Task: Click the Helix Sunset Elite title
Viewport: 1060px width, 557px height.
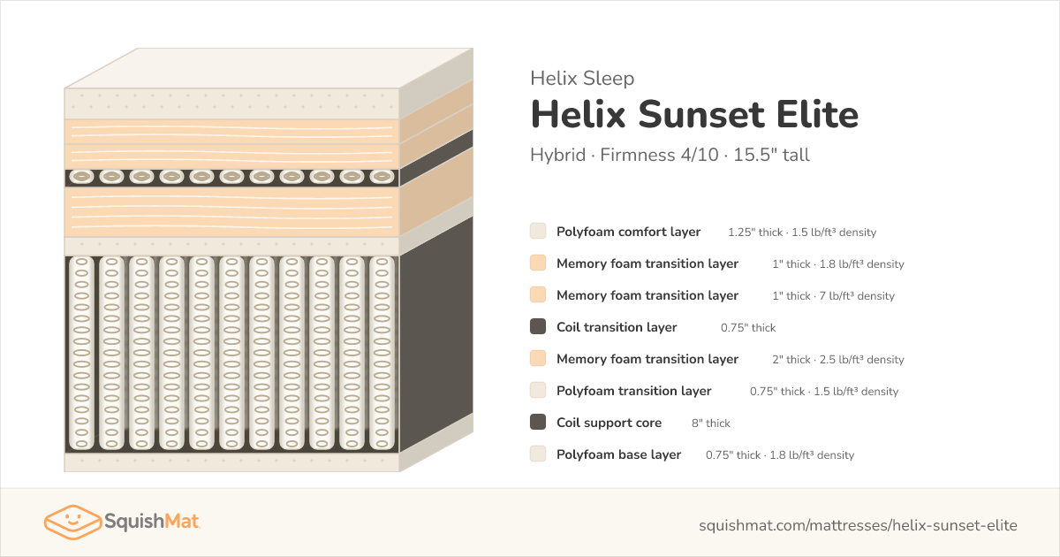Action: click(694, 115)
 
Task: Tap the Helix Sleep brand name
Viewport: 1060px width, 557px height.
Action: click(582, 78)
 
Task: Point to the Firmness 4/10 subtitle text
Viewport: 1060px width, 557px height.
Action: click(659, 155)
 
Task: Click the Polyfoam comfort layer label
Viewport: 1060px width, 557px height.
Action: click(628, 232)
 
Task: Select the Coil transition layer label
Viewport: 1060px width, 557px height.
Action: click(617, 327)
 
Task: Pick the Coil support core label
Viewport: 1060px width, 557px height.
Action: click(609, 423)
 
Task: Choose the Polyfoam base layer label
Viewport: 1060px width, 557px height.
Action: click(618, 454)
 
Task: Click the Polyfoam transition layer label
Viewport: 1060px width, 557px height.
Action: click(633, 391)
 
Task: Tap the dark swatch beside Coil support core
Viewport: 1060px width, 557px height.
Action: click(538, 422)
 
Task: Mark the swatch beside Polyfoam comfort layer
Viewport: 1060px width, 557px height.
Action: click(538, 231)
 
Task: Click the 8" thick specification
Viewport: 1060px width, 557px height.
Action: click(711, 423)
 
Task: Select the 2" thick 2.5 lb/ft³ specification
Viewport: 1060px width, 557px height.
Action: click(838, 360)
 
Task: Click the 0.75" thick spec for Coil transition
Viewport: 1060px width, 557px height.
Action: click(748, 328)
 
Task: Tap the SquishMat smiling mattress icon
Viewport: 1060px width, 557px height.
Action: click(72, 522)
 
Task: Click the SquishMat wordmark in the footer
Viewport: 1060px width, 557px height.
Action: click(151, 522)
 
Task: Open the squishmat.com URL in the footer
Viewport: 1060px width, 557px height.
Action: click(858, 525)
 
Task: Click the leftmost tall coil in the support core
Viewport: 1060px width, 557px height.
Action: click(81, 353)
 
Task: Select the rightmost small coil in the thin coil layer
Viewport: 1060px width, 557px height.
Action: click(382, 177)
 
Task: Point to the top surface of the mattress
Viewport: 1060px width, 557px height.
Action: click(269, 68)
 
